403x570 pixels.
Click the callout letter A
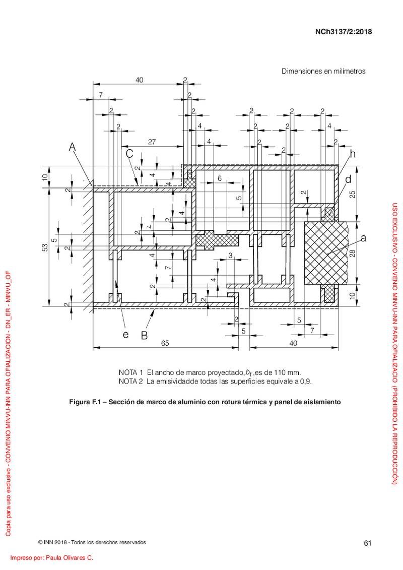pos(73,147)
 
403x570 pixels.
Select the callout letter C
pos(129,154)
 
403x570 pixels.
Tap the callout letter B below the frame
pos(144,336)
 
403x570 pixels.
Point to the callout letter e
pos(126,335)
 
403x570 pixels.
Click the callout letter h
pos(353,154)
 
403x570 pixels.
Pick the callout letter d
pos(348,179)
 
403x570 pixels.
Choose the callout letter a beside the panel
pos(363,238)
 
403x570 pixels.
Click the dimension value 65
pos(165,343)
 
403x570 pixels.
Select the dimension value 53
pos(45,247)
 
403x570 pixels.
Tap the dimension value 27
pos(152,142)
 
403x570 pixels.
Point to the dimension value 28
pos(353,253)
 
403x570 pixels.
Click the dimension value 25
pos(353,195)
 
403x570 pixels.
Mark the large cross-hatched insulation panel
pos(325,253)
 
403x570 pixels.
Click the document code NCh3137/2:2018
pos(344,32)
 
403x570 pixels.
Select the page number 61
pos(368,543)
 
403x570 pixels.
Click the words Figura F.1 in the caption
pos(85,402)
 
